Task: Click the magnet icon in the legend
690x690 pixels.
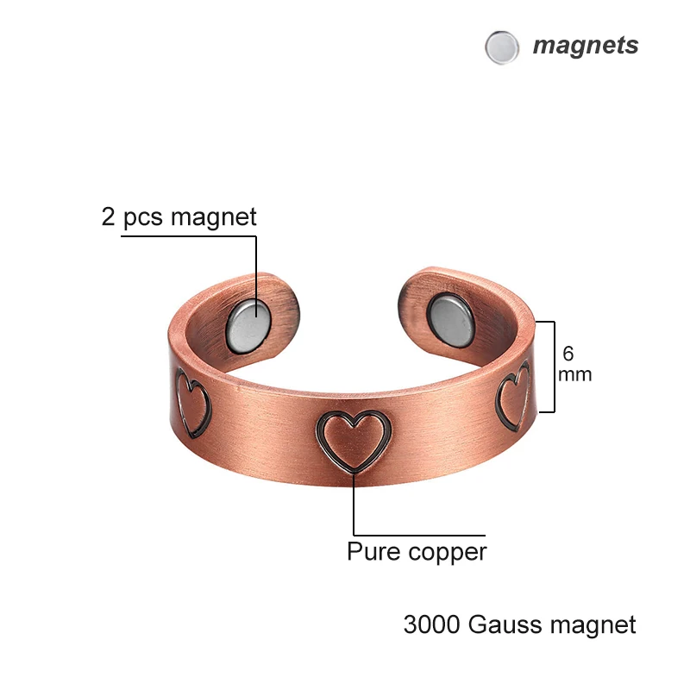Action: click(x=502, y=47)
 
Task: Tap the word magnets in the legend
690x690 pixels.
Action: click(x=586, y=45)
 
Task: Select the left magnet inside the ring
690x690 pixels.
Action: click(x=249, y=324)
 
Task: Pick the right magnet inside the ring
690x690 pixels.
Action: click(x=451, y=317)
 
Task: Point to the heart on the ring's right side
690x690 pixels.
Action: click(x=514, y=395)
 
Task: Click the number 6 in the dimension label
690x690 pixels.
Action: click(x=568, y=354)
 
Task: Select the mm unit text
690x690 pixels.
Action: click(x=574, y=374)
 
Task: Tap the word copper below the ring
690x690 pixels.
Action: click(x=446, y=552)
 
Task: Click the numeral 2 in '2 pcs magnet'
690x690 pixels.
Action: click(x=109, y=216)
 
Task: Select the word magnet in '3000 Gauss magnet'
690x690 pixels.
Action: click(x=599, y=624)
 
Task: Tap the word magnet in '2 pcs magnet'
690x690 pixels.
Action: click(x=213, y=216)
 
